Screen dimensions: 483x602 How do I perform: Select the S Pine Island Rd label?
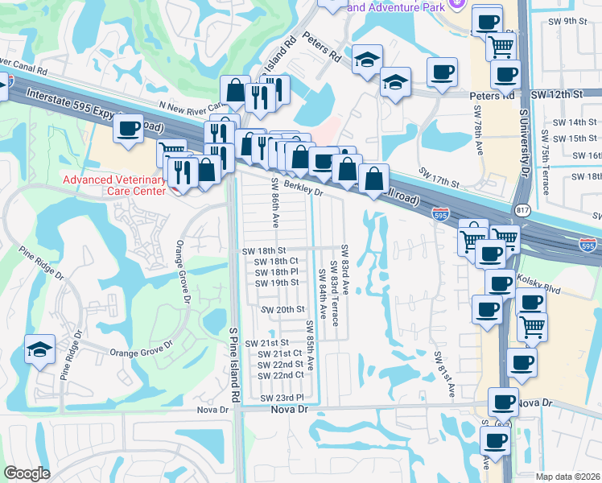(x=235, y=364)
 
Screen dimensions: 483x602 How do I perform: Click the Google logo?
(x=27, y=473)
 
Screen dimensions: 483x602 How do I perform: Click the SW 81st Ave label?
(x=445, y=373)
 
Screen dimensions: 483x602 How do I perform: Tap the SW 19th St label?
(x=276, y=283)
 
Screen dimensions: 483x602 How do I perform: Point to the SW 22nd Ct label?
(x=280, y=375)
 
